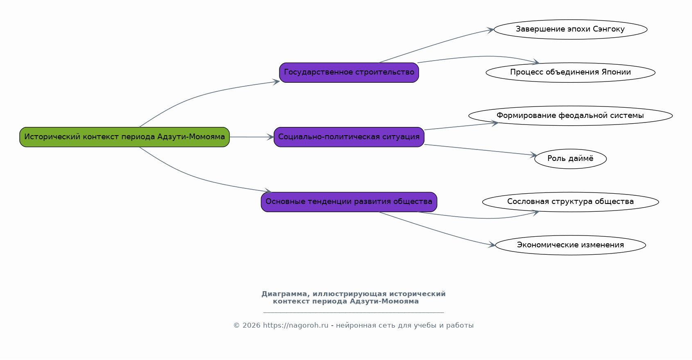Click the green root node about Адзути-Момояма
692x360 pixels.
click(x=125, y=137)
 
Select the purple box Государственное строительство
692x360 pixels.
click(x=349, y=72)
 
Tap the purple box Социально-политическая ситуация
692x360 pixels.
click(x=349, y=137)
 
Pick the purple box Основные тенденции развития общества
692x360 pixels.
click(x=349, y=202)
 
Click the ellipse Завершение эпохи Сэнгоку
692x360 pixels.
click(x=571, y=29)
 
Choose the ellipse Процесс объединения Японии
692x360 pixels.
click(x=571, y=72)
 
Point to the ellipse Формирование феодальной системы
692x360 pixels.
click(x=571, y=116)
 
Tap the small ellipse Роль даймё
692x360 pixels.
click(x=571, y=158)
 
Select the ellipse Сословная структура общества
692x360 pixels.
click(x=571, y=202)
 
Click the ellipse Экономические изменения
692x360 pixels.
click(x=571, y=245)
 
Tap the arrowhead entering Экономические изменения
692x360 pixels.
click(x=492, y=245)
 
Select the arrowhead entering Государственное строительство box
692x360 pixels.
click(x=276, y=82)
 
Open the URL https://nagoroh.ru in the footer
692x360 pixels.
click(x=296, y=326)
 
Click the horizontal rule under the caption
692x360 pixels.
click(x=354, y=313)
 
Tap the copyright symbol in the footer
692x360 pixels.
click(x=237, y=326)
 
